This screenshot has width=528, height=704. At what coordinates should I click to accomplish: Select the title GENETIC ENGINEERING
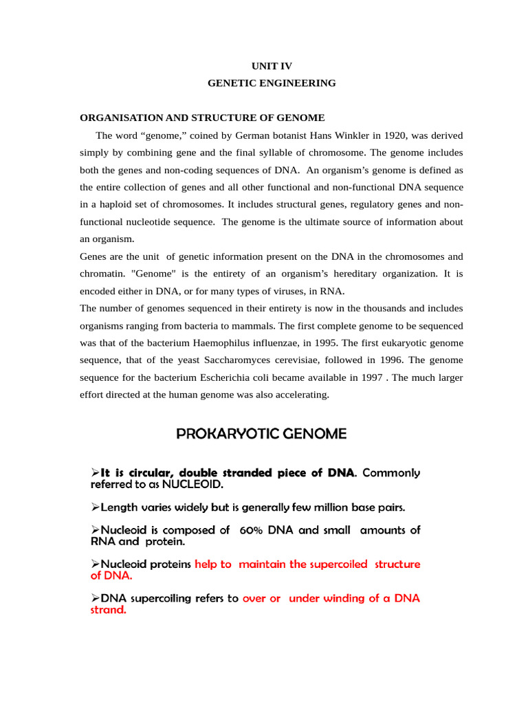[x=272, y=83]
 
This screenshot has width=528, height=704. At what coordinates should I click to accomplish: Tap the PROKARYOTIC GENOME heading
[x=261, y=434]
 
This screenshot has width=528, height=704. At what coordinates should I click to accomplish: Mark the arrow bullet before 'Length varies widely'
[x=96, y=507]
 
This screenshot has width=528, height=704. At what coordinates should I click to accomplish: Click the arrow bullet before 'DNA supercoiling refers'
[x=96, y=598]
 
